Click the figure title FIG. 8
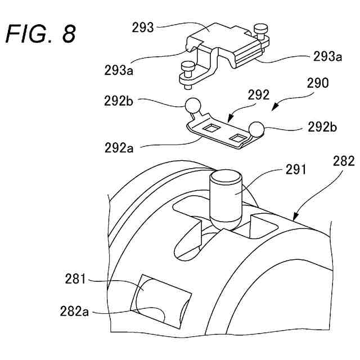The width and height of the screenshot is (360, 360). coord(40,34)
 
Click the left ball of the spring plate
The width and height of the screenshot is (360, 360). coord(192,105)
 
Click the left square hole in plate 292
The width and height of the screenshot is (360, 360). coord(212,128)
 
